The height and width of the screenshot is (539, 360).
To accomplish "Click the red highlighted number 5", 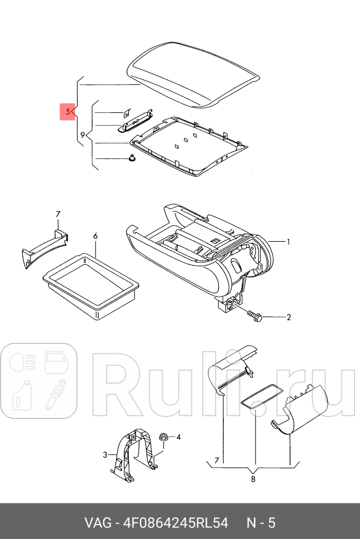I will (68, 112).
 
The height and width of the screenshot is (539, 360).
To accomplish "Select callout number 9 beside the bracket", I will (83, 135).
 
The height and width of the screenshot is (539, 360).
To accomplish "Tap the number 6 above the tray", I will (95, 236).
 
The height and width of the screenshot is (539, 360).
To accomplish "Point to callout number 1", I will (289, 242).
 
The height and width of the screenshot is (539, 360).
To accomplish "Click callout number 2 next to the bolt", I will (289, 318).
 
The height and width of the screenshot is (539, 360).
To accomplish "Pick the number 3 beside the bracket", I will (104, 455).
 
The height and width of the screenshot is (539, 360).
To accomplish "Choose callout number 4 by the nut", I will (178, 437).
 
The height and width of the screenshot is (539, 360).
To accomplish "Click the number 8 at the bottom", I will (253, 479).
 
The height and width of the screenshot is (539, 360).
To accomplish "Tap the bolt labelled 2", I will (253, 316).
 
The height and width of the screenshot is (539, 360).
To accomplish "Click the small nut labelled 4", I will (164, 437).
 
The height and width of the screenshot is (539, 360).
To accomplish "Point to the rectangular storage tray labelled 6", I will (92, 287).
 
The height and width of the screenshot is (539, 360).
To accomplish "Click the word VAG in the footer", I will (96, 523).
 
